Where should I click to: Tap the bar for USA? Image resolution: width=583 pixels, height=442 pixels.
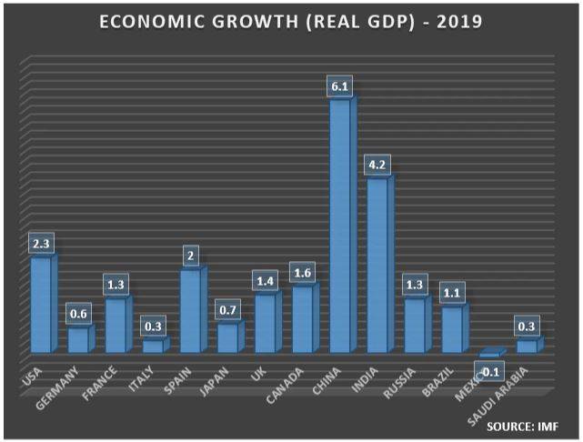point(42,305)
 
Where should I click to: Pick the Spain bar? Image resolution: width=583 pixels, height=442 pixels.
point(191,311)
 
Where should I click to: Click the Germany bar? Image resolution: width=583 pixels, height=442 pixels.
point(79,339)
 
